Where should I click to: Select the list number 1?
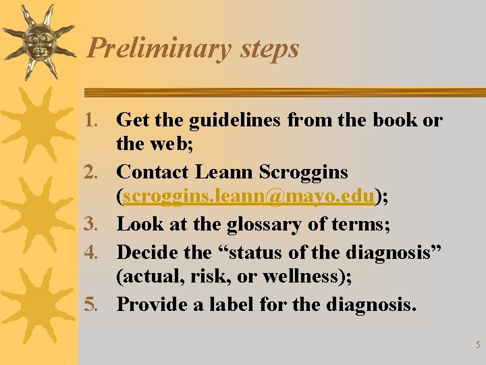click(97, 121)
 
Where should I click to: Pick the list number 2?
click(97, 172)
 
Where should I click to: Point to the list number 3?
click(97, 224)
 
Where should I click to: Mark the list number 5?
click(97, 304)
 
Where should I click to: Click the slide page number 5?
click(478, 345)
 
